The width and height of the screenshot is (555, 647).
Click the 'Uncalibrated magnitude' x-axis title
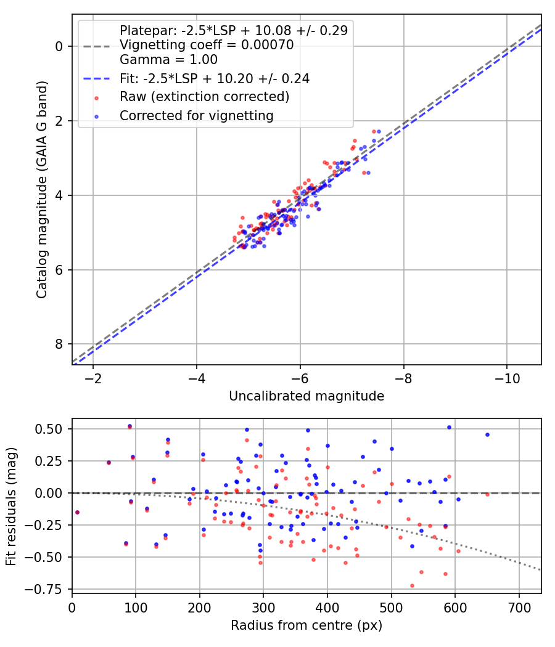click(306, 396)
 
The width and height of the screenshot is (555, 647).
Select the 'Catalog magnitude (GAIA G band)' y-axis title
click(41, 189)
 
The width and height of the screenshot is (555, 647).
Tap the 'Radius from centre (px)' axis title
click(306, 625)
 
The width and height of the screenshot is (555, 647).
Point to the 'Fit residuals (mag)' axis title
click(11, 507)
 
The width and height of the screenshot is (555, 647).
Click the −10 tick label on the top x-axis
click(507, 378)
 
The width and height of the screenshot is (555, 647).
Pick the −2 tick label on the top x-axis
click(93, 378)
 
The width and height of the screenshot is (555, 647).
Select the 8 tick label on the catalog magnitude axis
click(59, 344)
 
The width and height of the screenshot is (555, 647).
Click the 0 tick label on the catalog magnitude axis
click(59, 47)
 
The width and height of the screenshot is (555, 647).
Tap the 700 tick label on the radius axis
click(519, 608)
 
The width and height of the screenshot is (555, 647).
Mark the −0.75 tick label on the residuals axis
click(44, 589)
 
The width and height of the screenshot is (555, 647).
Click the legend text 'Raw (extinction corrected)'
click(204, 97)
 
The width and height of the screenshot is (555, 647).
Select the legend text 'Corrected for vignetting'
click(197, 116)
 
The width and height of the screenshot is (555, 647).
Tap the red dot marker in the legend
click(97, 98)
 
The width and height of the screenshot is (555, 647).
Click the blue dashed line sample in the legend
click(97, 79)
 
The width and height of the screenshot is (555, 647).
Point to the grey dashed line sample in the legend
click(97, 46)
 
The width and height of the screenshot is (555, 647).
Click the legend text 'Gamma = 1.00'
click(168, 60)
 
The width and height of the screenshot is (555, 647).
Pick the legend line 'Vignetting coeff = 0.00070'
click(207, 45)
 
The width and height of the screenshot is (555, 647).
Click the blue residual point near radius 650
click(487, 434)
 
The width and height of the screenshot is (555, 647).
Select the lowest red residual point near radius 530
click(412, 585)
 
